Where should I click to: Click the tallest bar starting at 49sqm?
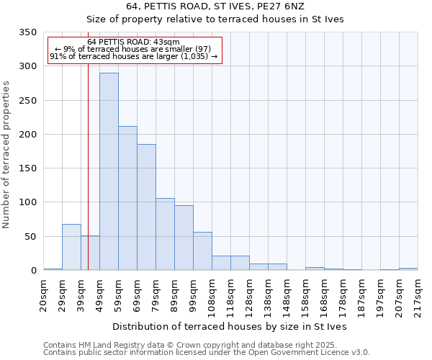pos(109,171)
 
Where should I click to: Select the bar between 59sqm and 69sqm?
pos(127,198)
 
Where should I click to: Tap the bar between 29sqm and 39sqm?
pos(71,247)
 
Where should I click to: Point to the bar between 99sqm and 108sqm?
pos(202,251)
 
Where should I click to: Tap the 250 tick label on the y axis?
pos(27,101)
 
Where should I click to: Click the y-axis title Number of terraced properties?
pos(7,155)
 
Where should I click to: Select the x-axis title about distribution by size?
pos(230,326)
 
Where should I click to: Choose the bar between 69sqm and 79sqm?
pos(146,207)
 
